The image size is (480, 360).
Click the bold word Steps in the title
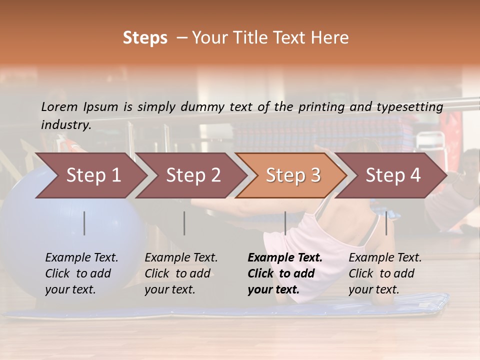click(x=145, y=38)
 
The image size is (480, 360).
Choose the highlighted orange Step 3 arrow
click(x=293, y=175)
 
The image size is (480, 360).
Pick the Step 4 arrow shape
click(x=393, y=175)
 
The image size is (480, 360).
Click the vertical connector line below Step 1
click(x=84, y=223)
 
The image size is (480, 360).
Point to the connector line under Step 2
click(x=184, y=223)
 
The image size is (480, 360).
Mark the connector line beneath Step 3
click(x=285, y=223)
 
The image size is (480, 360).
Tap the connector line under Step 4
click(x=386, y=223)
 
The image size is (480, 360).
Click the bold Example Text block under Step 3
click(x=285, y=273)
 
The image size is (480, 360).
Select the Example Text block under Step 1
click(x=81, y=273)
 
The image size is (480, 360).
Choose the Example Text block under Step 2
click(x=181, y=273)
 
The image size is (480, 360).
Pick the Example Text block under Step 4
click(x=385, y=273)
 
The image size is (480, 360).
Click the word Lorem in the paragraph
click(x=59, y=106)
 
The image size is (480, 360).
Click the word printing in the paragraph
click(x=321, y=106)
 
